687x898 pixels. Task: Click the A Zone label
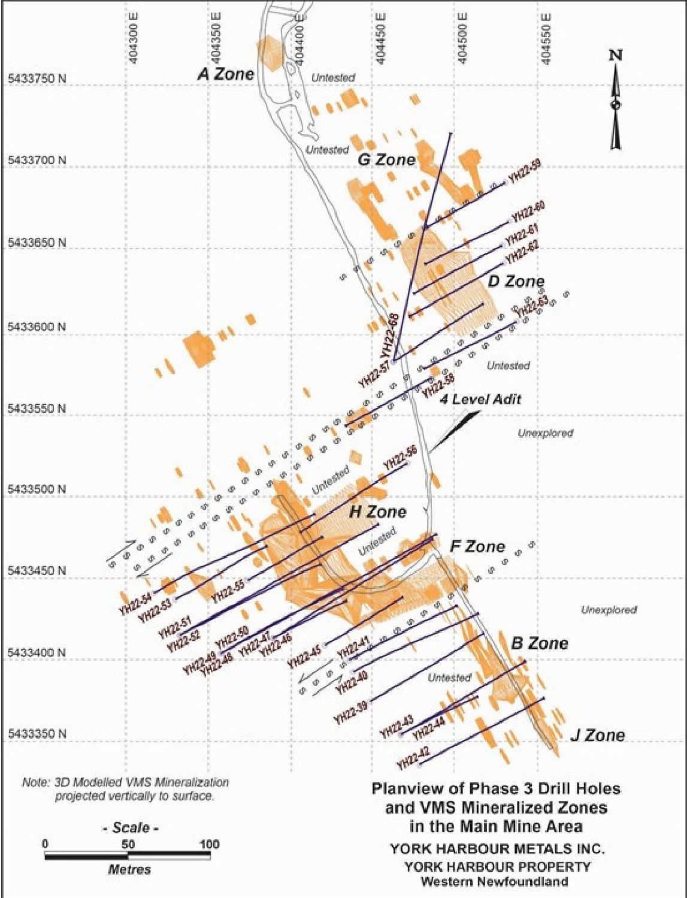point(226,74)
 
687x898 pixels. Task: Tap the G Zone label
point(386,159)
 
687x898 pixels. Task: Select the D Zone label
point(516,281)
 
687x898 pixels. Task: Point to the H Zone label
point(377,512)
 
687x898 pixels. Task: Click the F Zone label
point(477,546)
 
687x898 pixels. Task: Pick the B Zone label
point(539,643)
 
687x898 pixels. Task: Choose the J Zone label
point(597,735)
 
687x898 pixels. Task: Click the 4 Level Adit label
point(480,399)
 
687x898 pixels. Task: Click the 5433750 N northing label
point(37,79)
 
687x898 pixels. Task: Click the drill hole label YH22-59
point(524,173)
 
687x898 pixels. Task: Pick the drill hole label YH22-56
point(400,459)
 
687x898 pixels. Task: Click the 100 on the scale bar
point(210,844)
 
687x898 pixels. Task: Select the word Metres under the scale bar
point(129,869)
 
